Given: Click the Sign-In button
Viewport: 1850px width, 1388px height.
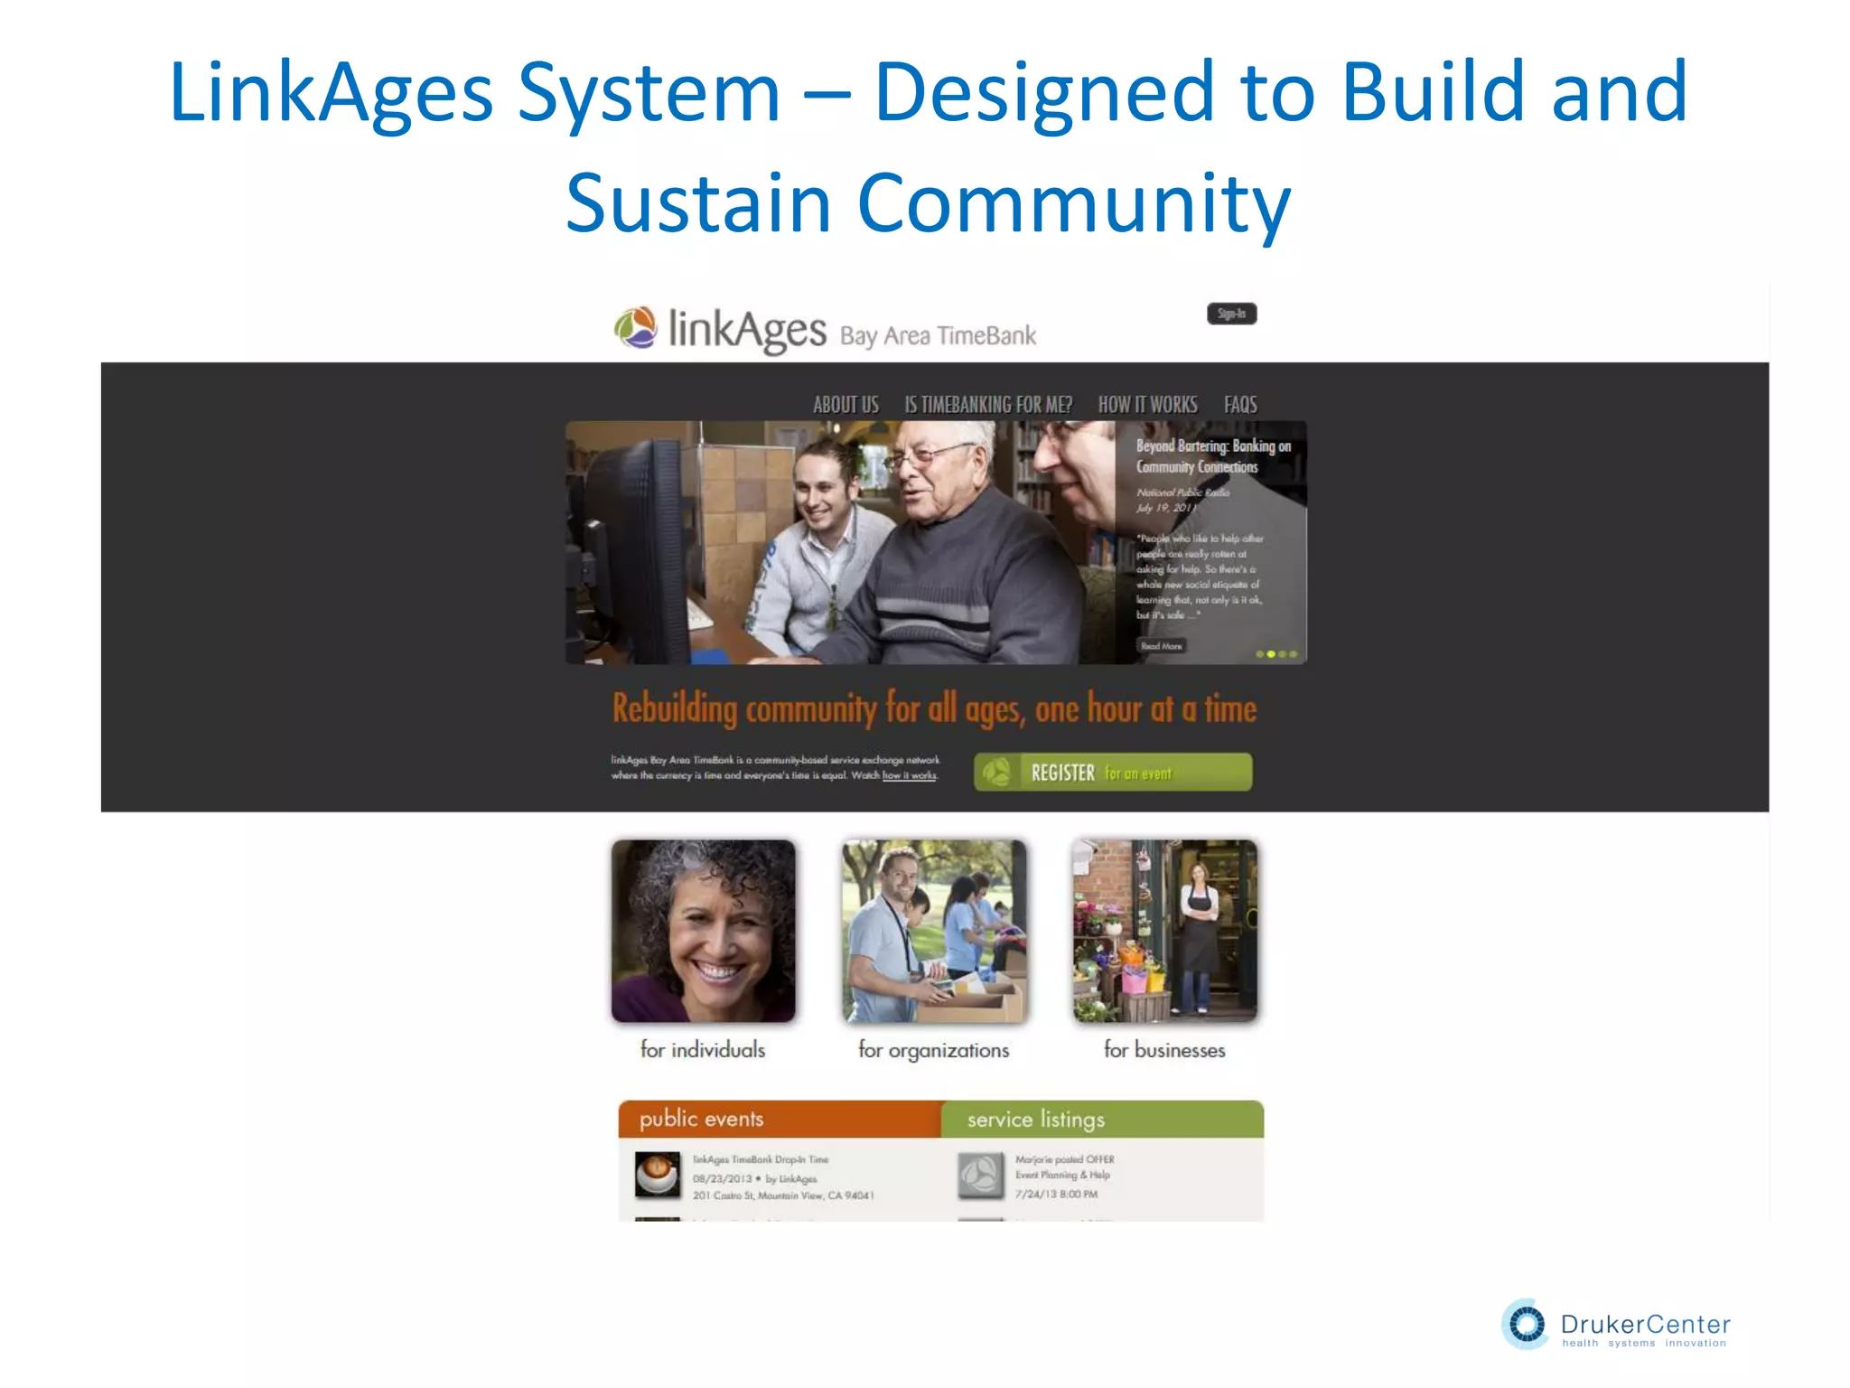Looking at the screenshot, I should pos(1231,314).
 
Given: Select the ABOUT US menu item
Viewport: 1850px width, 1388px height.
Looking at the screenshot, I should pos(846,405).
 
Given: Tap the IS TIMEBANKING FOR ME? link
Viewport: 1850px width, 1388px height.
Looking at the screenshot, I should pos(988,405).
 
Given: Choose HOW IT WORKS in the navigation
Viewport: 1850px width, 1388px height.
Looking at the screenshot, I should pos(1147,405).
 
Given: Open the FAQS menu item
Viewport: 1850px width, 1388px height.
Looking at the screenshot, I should pos(1240,405).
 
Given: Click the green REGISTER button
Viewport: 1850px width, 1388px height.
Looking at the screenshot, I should pos(1113,773).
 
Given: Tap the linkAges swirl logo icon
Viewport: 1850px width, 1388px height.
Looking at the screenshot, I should pos(636,328).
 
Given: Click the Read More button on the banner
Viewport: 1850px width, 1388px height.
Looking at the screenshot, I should pos(1162,646).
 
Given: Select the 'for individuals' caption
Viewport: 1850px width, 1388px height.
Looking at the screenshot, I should pos(703,1050).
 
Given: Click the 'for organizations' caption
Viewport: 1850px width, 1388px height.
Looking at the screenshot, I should pos(933,1050).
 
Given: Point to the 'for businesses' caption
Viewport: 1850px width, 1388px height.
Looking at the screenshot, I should pos(1164,1050).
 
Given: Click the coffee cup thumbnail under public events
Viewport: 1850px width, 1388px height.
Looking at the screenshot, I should pos(657,1175).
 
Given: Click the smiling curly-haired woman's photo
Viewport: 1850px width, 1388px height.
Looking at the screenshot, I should pos(704,931).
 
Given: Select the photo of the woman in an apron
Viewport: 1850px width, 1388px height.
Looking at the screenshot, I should pos(1164,931).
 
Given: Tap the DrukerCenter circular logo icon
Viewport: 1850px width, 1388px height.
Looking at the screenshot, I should pos(1527,1325).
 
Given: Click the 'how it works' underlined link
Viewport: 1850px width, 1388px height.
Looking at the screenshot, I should pos(909,775).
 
